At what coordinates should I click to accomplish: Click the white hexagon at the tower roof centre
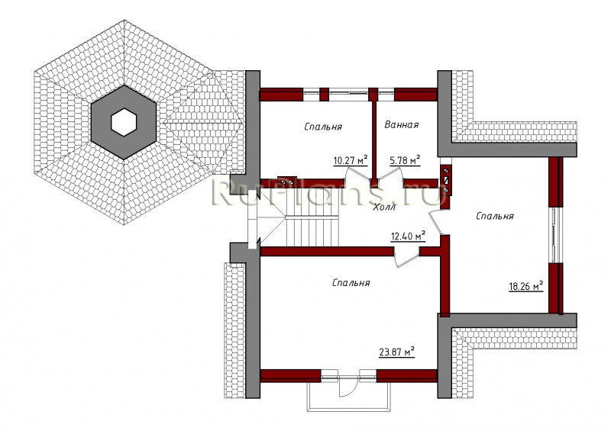[124, 122]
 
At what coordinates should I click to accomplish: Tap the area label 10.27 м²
[351, 160]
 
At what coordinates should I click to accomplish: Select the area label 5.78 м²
[405, 160]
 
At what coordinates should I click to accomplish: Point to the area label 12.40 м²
[408, 236]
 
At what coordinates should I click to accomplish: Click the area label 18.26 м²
[526, 287]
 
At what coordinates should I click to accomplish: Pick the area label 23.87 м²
[396, 352]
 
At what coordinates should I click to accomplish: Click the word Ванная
[402, 124]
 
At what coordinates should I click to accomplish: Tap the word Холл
[385, 207]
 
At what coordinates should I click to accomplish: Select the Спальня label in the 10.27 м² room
[323, 127]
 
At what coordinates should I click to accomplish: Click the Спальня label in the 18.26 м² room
[495, 216]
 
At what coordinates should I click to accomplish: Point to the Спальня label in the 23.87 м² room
[351, 283]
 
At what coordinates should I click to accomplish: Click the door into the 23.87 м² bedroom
[406, 257]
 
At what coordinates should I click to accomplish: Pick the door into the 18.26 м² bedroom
[435, 222]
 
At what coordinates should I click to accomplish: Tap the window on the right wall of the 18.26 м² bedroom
[556, 234]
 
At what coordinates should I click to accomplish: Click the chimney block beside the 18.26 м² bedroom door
[446, 179]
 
